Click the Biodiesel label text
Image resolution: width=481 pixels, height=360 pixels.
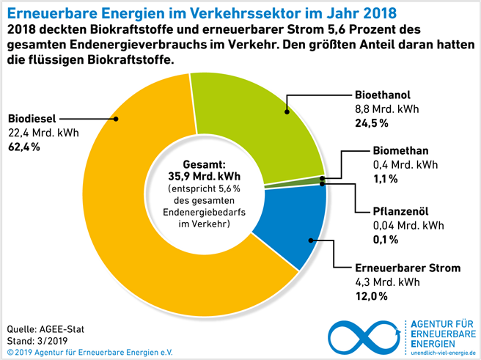click(32, 118)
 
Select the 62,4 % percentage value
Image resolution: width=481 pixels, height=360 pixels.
click(23, 147)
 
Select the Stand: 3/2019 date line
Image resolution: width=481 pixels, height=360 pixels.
click(37, 339)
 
